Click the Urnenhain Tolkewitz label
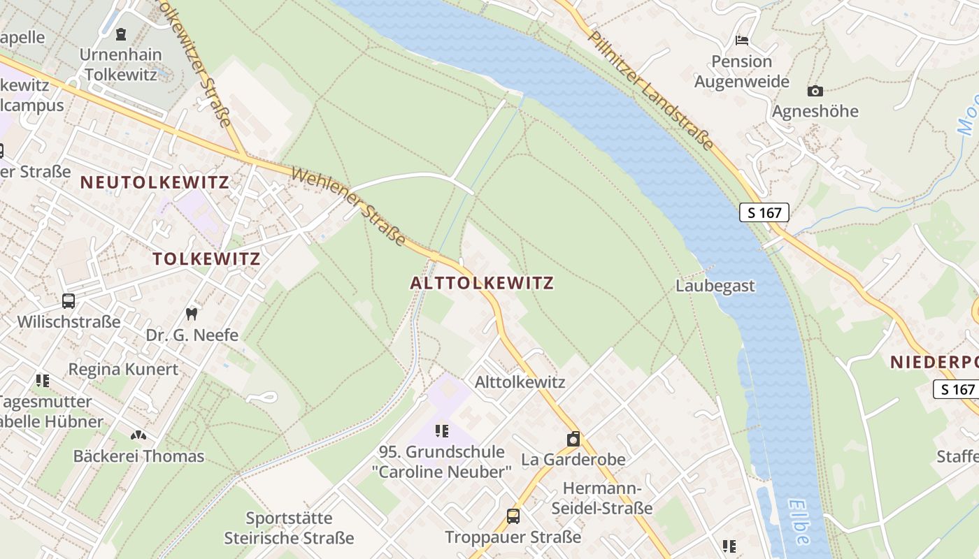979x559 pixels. (x=120, y=64)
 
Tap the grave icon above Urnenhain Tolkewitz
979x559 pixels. (x=121, y=33)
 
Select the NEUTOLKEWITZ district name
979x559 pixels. (x=155, y=182)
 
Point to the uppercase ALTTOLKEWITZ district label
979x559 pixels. (x=482, y=283)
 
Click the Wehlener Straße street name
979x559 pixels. (x=348, y=206)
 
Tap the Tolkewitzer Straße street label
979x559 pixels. (x=196, y=63)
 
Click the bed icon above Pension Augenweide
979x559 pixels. (x=742, y=40)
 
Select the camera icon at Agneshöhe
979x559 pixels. (x=815, y=91)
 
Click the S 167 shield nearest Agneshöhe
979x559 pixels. (x=764, y=212)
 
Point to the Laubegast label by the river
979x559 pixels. (x=715, y=286)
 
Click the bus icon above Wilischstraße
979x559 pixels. (x=69, y=301)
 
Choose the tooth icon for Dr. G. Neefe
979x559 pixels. (x=192, y=314)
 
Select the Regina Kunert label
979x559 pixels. (x=123, y=369)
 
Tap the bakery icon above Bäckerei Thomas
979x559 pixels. (x=138, y=435)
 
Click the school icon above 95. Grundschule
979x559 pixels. (x=442, y=430)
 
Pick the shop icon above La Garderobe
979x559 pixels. (x=573, y=439)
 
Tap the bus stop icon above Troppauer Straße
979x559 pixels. (x=513, y=516)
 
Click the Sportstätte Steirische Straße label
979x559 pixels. (x=289, y=528)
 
